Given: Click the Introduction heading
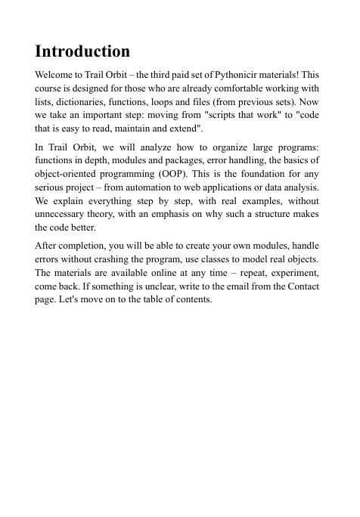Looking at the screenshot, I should point(82,52).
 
